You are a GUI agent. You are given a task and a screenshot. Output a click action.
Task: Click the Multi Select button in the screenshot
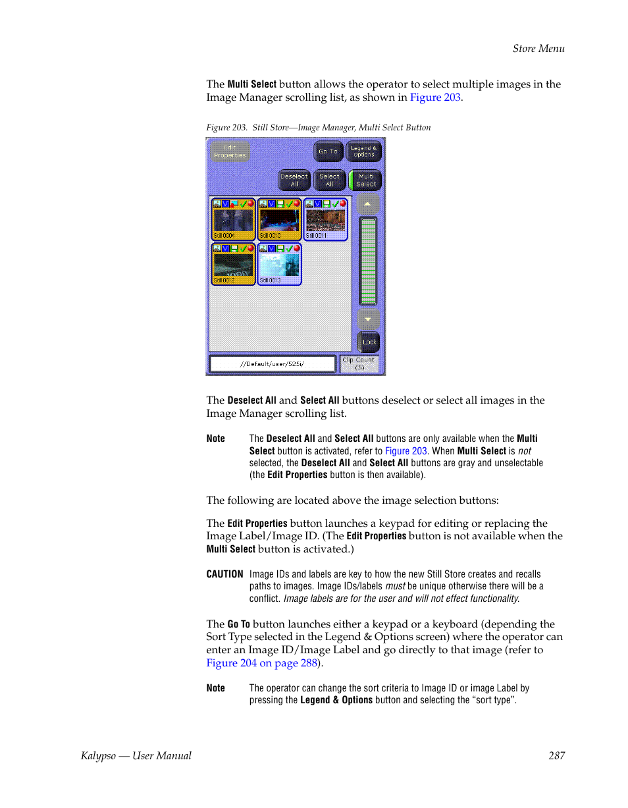click(x=366, y=180)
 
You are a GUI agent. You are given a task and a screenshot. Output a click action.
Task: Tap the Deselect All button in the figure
click(x=294, y=180)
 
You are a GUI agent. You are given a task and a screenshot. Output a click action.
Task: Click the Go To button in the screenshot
click(x=328, y=151)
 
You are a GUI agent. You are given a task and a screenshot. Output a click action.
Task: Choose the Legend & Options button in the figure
click(x=363, y=151)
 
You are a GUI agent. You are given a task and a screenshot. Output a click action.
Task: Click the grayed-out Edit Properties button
click(x=230, y=152)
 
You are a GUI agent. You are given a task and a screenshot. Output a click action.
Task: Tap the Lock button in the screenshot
click(x=369, y=342)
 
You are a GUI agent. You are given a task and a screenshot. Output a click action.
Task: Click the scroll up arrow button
click(x=368, y=205)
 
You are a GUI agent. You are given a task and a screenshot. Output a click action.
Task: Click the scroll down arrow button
click(x=368, y=319)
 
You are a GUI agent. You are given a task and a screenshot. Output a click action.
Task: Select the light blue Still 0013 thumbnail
click(x=279, y=264)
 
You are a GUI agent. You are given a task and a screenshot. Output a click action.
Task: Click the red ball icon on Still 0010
click(x=297, y=203)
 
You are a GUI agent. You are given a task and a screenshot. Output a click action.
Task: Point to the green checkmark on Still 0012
click(x=243, y=249)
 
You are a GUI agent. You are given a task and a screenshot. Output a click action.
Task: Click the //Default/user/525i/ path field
click(x=272, y=364)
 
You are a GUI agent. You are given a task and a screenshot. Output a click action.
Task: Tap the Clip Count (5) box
click(x=359, y=364)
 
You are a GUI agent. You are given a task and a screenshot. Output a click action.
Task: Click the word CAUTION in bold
click(x=224, y=574)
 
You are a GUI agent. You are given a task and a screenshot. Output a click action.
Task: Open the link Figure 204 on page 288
click(x=262, y=663)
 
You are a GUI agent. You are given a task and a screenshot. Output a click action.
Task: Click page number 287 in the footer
click(x=556, y=756)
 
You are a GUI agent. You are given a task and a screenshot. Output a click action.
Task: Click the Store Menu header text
click(x=538, y=48)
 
